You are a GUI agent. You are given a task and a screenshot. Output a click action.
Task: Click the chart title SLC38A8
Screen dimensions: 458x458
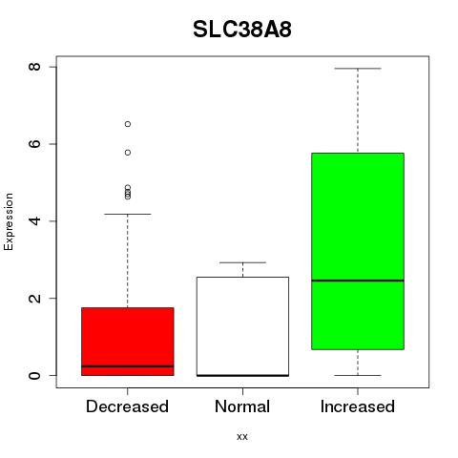[242, 30]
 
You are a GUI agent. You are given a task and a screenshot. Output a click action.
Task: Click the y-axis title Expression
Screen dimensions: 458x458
[9, 221]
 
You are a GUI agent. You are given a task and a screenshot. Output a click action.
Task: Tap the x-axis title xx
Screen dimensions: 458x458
[242, 436]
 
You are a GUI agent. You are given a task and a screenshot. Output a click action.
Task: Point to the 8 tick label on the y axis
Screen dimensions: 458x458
[35, 67]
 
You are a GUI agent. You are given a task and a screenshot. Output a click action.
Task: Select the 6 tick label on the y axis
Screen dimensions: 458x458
[35, 144]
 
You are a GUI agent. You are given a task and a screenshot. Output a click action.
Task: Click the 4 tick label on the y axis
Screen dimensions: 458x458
[35, 221]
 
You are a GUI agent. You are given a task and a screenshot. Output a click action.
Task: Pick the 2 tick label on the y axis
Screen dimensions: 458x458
[35, 298]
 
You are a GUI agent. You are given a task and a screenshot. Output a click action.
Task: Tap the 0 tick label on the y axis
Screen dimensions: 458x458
[35, 375]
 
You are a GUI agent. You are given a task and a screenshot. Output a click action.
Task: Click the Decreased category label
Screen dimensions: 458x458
[127, 406]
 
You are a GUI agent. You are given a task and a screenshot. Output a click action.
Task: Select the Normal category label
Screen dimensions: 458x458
[242, 406]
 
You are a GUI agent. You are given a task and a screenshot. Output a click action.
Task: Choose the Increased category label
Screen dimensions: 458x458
[358, 406]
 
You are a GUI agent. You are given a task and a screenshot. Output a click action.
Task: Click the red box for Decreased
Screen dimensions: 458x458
[128, 342]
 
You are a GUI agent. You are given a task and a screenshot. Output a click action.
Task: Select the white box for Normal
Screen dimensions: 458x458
[242, 326]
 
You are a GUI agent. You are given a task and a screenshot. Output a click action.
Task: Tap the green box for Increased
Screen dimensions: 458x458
[358, 251]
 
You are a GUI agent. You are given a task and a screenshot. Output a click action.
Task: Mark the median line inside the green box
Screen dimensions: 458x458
[358, 281]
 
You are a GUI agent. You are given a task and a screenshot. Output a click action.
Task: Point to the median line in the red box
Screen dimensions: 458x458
[128, 366]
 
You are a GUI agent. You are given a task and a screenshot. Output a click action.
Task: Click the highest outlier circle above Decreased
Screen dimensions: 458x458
[128, 124]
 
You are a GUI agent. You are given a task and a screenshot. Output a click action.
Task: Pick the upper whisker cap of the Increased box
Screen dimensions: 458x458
[358, 69]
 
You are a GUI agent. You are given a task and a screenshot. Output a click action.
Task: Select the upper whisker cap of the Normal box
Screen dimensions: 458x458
[242, 262]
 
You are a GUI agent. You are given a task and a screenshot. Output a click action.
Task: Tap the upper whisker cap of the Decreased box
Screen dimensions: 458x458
[128, 215]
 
